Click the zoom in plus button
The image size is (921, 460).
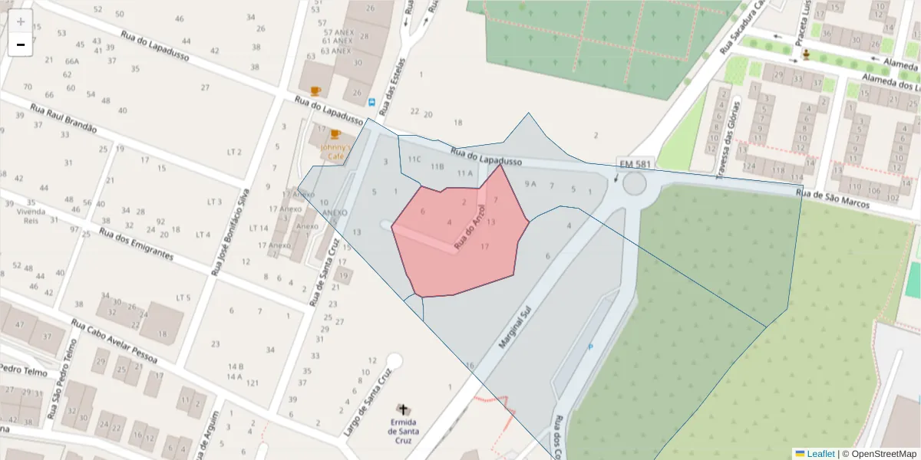pos(21,21)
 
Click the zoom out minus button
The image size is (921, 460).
pos(21,45)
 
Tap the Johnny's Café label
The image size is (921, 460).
pos(335,151)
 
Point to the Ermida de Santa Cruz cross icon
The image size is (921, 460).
pos(403,409)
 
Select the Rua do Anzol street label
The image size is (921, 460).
pos(470,228)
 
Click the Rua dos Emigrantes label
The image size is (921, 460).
pos(135,246)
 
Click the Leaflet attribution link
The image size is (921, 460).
pos(820,454)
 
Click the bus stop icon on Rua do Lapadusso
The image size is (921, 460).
pos(372,102)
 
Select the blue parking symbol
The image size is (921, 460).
pos(590,347)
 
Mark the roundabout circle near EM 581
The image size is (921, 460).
pos(635,184)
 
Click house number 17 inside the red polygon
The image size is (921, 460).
pos(484,247)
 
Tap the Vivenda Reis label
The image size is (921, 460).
pos(31,215)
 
